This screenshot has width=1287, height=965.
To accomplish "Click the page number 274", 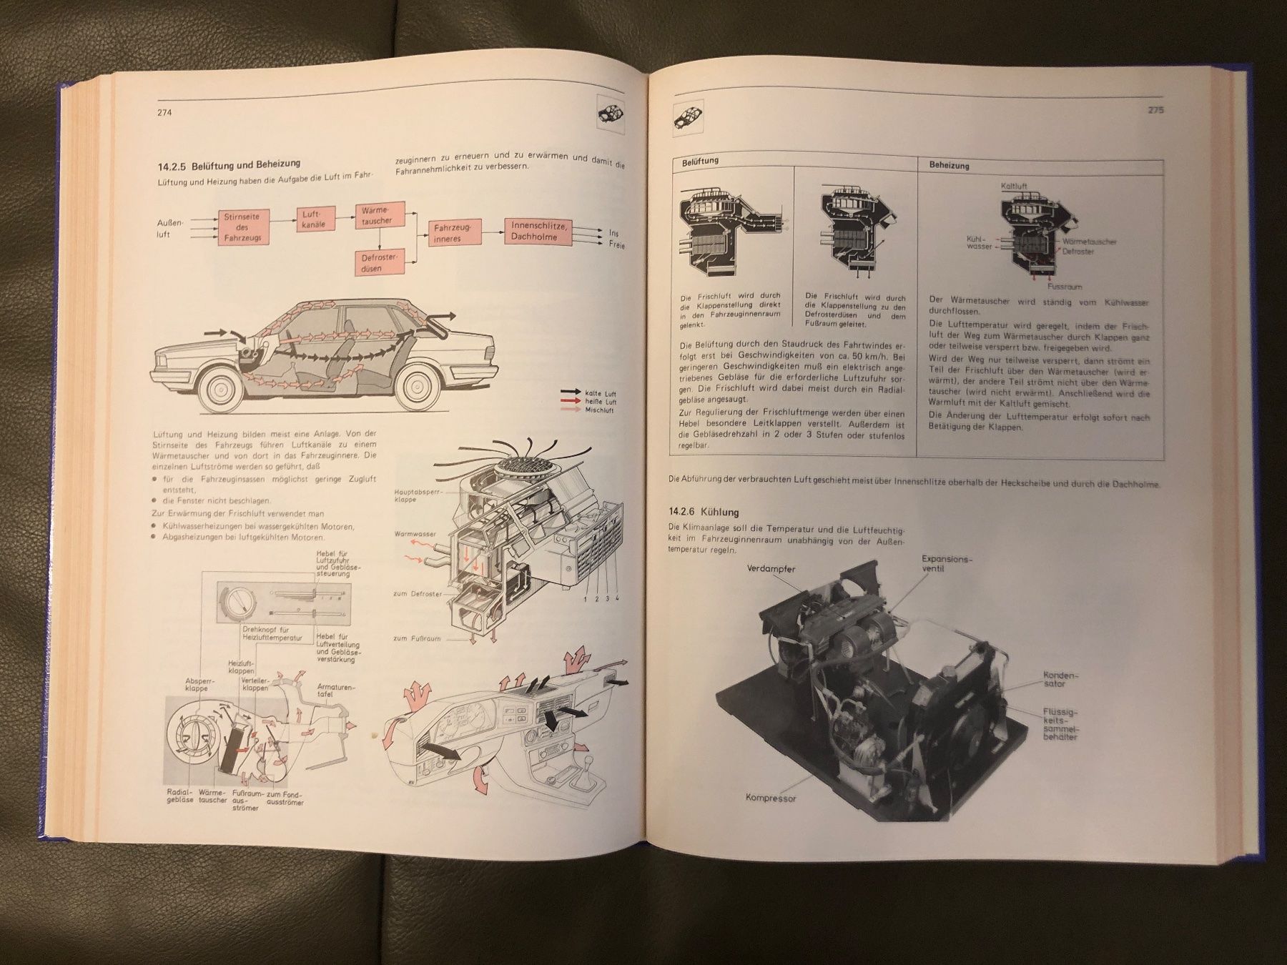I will tap(167, 113).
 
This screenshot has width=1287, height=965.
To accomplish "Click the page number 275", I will tap(1155, 111).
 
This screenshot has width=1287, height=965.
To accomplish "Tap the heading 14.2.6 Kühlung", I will tap(704, 512).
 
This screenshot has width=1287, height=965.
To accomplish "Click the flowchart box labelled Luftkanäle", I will tap(315, 218).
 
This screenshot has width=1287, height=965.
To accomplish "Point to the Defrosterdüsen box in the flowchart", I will tap(378, 262).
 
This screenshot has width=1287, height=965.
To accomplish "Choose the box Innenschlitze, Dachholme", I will tap(539, 230).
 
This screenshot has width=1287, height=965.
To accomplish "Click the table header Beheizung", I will tap(950, 165).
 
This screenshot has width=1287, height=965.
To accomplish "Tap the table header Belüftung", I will tap(701, 162).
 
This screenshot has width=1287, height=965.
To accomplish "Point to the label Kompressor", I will tap(771, 798).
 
